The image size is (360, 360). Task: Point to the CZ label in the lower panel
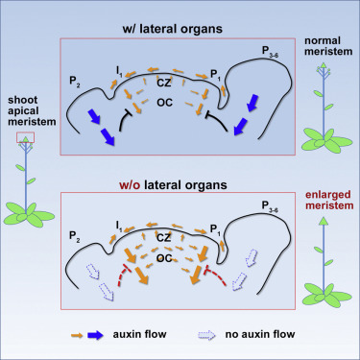(x=164, y=237)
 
